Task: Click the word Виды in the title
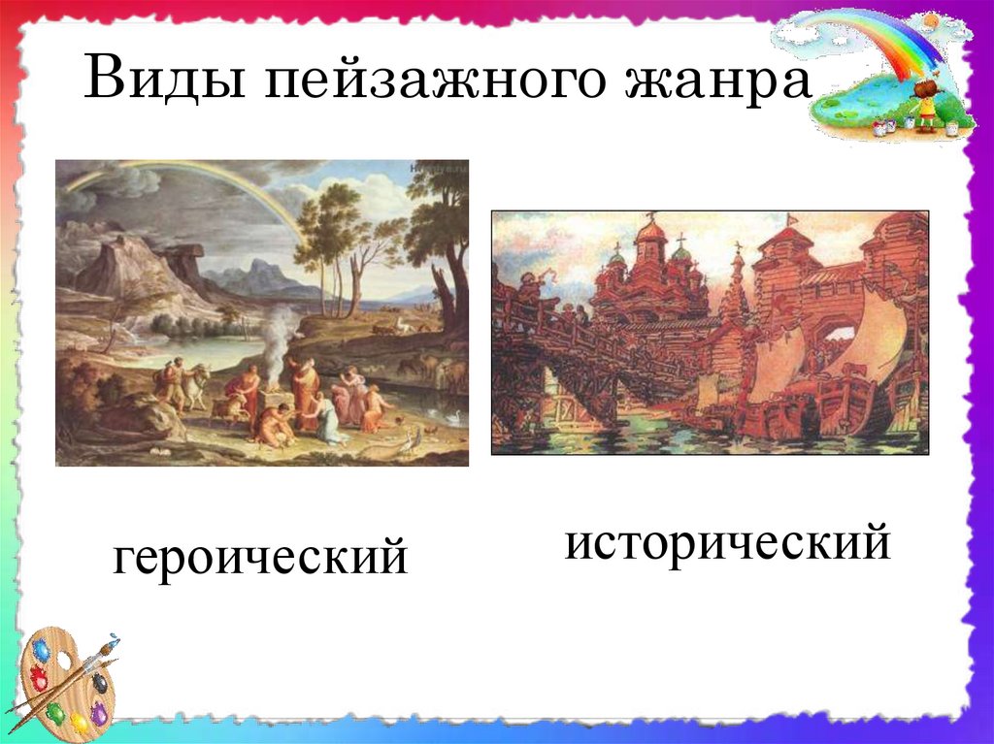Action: click(164, 78)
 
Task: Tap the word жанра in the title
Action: click(717, 82)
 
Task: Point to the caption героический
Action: click(260, 558)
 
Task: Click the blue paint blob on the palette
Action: click(42, 650)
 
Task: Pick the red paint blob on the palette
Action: click(38, 678)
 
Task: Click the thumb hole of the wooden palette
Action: click(63, 663)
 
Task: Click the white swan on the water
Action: click(454, 417)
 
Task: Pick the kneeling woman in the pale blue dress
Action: click(330, 418)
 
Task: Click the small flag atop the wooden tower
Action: click(790, 220)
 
